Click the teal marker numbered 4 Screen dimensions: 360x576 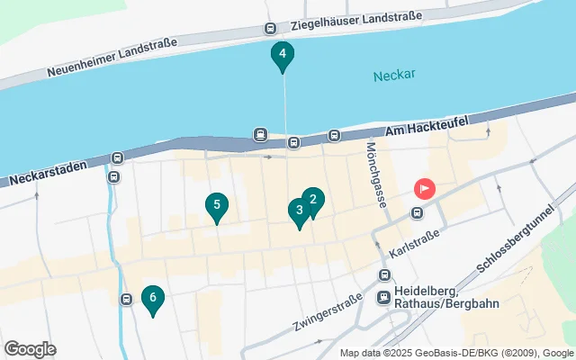click(x=283, y=56)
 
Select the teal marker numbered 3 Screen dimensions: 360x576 click(x=299, y=211)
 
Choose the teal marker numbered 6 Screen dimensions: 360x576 click(x=153, y=298)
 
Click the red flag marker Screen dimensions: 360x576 click(x=424, y=189)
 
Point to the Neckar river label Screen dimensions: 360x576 click(x=394, y=75)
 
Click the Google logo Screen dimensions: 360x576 click(x=30, y=348)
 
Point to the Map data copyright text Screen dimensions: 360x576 click(x=456, y=353)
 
